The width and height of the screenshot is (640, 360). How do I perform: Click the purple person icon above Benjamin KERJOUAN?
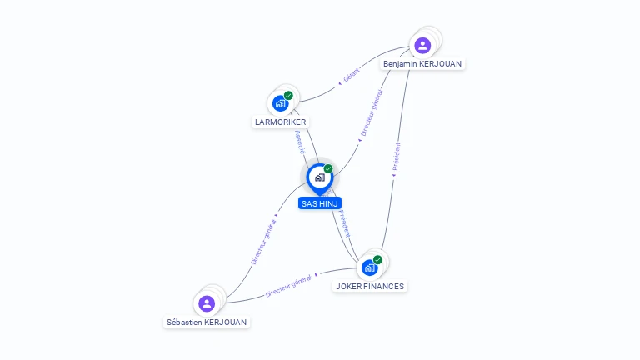422,45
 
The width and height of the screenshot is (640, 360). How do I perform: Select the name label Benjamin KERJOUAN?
422,64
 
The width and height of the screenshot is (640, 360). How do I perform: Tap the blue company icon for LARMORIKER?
280,103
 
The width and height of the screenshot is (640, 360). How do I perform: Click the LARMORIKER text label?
281,122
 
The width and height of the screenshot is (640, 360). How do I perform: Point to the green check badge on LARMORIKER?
288,95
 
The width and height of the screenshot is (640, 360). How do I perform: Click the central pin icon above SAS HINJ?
319,177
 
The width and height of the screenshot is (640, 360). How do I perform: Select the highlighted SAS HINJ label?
320,203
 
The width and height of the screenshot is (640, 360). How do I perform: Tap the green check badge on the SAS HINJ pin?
328,169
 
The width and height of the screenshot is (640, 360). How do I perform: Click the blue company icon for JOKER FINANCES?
369,268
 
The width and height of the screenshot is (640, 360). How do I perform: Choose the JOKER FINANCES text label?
370,287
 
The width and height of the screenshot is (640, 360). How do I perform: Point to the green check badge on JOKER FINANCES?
377,260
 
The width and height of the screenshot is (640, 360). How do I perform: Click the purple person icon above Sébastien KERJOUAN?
207,303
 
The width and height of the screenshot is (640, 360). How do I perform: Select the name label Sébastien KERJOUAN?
207,322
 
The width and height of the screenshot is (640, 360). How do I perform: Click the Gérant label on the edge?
351,77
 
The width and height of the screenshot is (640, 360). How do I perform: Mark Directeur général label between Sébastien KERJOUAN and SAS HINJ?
264,242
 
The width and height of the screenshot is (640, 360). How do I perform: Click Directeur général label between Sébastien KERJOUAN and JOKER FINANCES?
288,285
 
